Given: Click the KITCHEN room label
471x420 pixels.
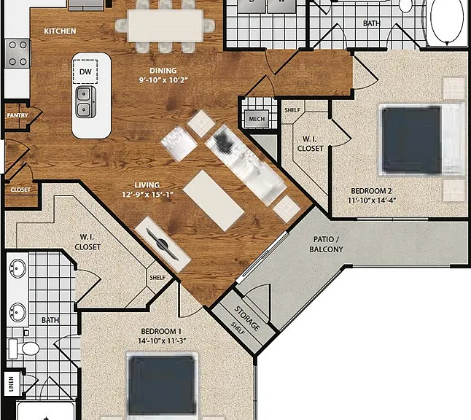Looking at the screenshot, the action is pyautogui.click(x=60, y=31).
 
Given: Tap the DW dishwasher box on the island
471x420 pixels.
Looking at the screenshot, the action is pyautogui.click(x=85, y=71).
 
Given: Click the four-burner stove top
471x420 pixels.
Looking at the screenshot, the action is pyautogui.click(x=17, y=53).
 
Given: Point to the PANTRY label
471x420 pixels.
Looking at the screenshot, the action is pyautogui.click(x=17, y=115).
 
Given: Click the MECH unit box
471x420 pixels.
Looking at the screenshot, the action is pyautogui.click(x=257, y=119).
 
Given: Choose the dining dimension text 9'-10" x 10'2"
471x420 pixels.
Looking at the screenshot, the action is pyautogui.click(x=163, y=80).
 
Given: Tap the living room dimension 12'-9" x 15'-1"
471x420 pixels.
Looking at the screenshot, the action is pyautogui.click(x=147, y=195).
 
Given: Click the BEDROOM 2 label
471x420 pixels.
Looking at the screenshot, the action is pyautogui.click(x=371, y=191).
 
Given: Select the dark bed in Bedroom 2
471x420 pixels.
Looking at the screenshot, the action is pyautogui.click(x=410, y=140).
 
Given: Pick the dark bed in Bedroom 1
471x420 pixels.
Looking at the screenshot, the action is pyautogui.click(x=162, y=385).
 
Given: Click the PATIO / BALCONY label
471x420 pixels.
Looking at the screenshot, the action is pyautogui.click(x=326, y=244).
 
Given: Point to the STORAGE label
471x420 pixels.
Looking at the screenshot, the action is pyautogui.click(x=247, y=318).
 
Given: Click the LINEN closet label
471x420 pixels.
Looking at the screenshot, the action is pyautogui.click(x=12, y=384).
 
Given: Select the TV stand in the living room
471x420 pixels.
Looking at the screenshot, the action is pyautogui.click(x=163, y=244).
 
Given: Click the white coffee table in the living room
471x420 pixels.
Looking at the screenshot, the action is pyautogui.click(x=214, y=201).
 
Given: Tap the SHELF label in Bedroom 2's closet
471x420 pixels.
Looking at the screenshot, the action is pyautogui.click(x=292, y=110).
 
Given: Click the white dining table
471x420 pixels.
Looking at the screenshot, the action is pyautogui.click(x=166, y=26).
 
